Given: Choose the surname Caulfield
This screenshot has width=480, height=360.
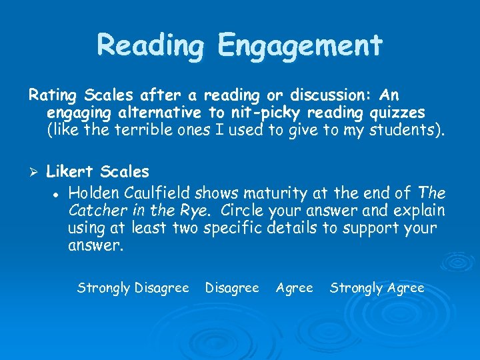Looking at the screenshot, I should coord(157,193).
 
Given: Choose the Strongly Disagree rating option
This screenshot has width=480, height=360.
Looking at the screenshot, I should coord(133,288).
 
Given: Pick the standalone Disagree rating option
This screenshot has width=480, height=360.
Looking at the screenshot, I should coord(232,288).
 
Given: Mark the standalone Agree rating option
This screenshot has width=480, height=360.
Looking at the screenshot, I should coord(294,288).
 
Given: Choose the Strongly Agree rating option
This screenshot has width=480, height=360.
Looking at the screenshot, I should coord(377,288).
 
